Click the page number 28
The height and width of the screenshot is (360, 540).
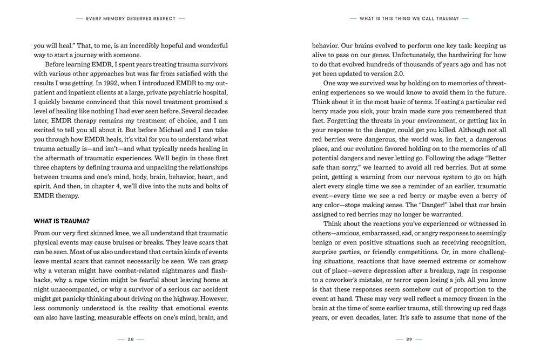click(131, 339)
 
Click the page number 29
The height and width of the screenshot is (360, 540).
click(409, 339)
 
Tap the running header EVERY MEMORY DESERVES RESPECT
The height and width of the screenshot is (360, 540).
click(131, 18)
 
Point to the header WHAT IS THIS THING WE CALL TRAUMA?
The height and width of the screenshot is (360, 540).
click(409, 18)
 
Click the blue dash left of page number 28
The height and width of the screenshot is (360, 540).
click(121, 339)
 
